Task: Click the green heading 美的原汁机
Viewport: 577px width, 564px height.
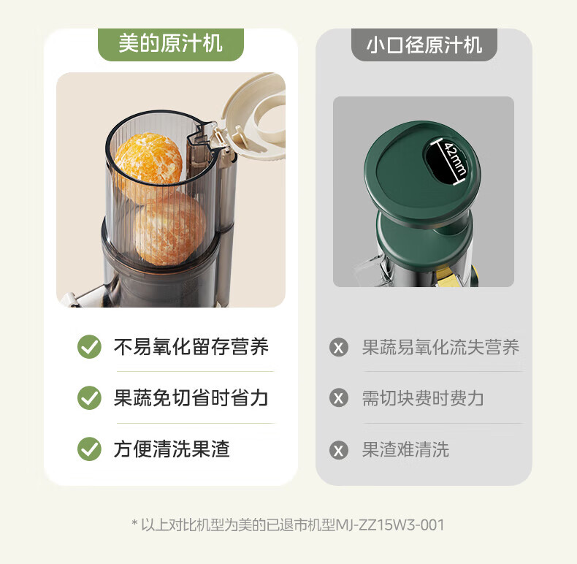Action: click(170, 44)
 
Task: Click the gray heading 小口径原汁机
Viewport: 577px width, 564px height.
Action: click(424, 45)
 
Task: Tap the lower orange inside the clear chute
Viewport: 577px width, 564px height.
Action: click(169, 229)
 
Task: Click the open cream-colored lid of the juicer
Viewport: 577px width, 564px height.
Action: click(255, 117)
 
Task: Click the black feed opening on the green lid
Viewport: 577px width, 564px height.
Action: click(446, 161)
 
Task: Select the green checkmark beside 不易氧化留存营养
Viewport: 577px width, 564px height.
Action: click(89, 347)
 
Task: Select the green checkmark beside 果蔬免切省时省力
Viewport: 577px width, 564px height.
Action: click(89, 398)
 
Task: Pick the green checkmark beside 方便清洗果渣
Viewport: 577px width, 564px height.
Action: click(89, 449)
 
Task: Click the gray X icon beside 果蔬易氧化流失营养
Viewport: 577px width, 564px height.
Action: click(339, 347)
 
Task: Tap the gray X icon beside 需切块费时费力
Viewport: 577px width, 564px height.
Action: click(339, 398)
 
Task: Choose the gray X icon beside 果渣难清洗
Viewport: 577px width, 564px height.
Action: click(339, 450)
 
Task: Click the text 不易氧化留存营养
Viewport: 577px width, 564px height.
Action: click(191, 347)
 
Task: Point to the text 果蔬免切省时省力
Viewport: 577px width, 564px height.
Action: click(191, 398)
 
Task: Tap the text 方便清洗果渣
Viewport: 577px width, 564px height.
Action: click(172, 449)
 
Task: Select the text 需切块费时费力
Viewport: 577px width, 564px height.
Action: click(423, 398)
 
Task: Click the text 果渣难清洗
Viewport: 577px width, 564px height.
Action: click(405, 449)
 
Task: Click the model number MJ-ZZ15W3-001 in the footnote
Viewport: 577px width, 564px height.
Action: click(390, 525)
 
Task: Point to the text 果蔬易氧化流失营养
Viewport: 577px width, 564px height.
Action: click(440, 347)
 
